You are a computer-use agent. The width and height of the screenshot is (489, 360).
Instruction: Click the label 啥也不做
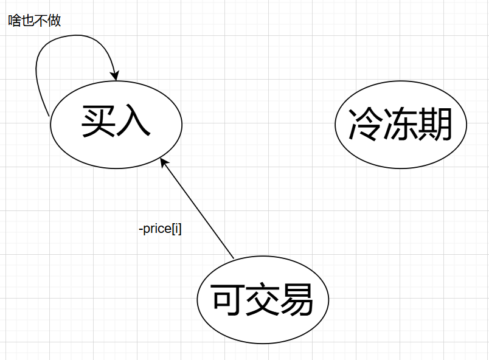[x=35, y=21]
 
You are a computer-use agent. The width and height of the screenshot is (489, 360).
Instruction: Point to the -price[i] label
[x=161, y=230]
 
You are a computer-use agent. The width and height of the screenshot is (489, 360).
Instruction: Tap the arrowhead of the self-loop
[x=113, y=75]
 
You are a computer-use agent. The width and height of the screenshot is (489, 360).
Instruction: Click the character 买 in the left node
[x=99, y=122]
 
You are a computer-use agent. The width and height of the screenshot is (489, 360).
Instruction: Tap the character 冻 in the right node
[x=401, y=125]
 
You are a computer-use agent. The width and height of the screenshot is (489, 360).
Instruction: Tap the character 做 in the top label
[x=55, y=21]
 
